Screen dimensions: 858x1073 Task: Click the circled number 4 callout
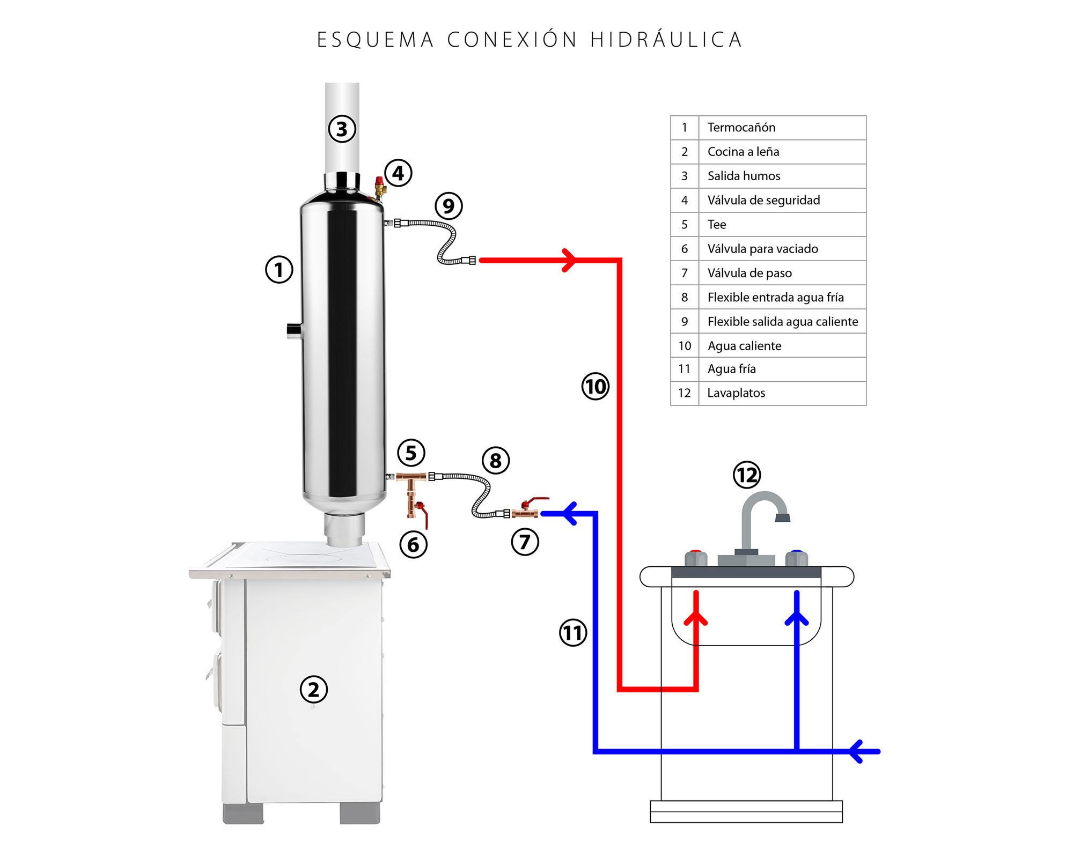coord(398,173)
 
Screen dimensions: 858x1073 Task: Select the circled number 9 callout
coord(449,206)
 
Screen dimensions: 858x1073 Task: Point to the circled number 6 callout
coord(413,545)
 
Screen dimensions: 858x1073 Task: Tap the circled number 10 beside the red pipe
coord(596,387)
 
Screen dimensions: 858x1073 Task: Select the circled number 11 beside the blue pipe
coord(573,633)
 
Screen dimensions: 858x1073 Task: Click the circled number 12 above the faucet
coord(747,475)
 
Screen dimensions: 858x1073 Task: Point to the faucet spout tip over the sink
coord(783,517)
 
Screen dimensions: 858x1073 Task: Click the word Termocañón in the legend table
coord(741,128)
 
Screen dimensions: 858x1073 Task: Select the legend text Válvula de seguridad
coord(763,201)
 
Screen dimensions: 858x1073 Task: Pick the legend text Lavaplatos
coord(736,393)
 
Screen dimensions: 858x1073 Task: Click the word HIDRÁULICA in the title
coord(666,40)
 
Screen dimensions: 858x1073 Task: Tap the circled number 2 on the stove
coord(313,690)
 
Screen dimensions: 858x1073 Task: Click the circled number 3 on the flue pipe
coord(342,129)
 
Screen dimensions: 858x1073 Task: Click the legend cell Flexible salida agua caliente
coord(782,322)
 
